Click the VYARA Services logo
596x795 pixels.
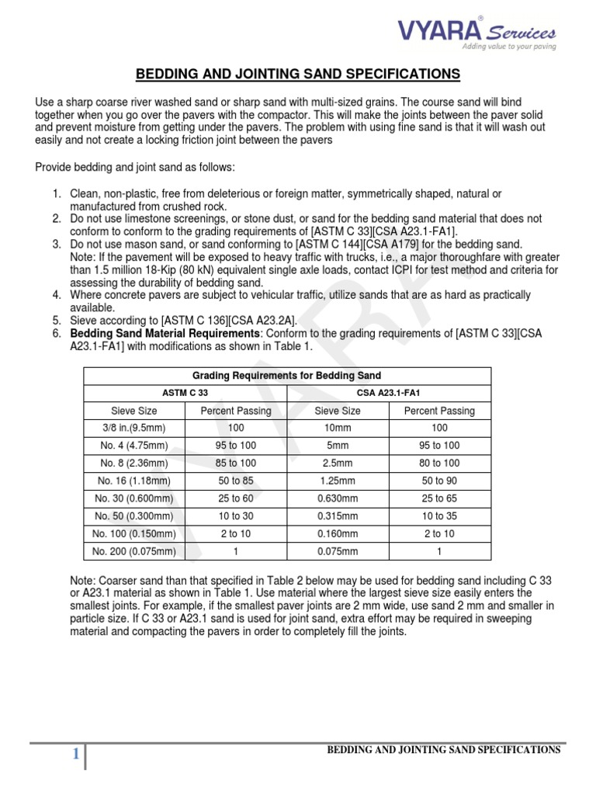tap(476, 33)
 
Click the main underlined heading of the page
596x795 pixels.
tap(298, 75)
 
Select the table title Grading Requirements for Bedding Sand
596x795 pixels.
tap(287, 376)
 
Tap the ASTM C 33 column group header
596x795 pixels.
tap(185, 394)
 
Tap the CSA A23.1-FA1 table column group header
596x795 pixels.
tap(388, 394)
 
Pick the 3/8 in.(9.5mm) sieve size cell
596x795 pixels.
tap(134, 428)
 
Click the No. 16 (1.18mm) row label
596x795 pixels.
tap(134, 481)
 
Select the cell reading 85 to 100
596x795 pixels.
tap(236, 463)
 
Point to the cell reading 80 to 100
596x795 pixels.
tap(439, 463)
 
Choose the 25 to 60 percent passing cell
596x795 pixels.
tap(236, 498)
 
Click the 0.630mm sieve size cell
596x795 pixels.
tap(337, 498)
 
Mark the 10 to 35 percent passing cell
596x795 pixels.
tap(439, 516)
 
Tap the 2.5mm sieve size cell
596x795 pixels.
tap(337, 463)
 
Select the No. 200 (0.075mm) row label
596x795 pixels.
tap(134, 551)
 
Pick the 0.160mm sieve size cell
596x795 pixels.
tap(337, 533)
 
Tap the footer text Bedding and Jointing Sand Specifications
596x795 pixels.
tap(443, 749)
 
